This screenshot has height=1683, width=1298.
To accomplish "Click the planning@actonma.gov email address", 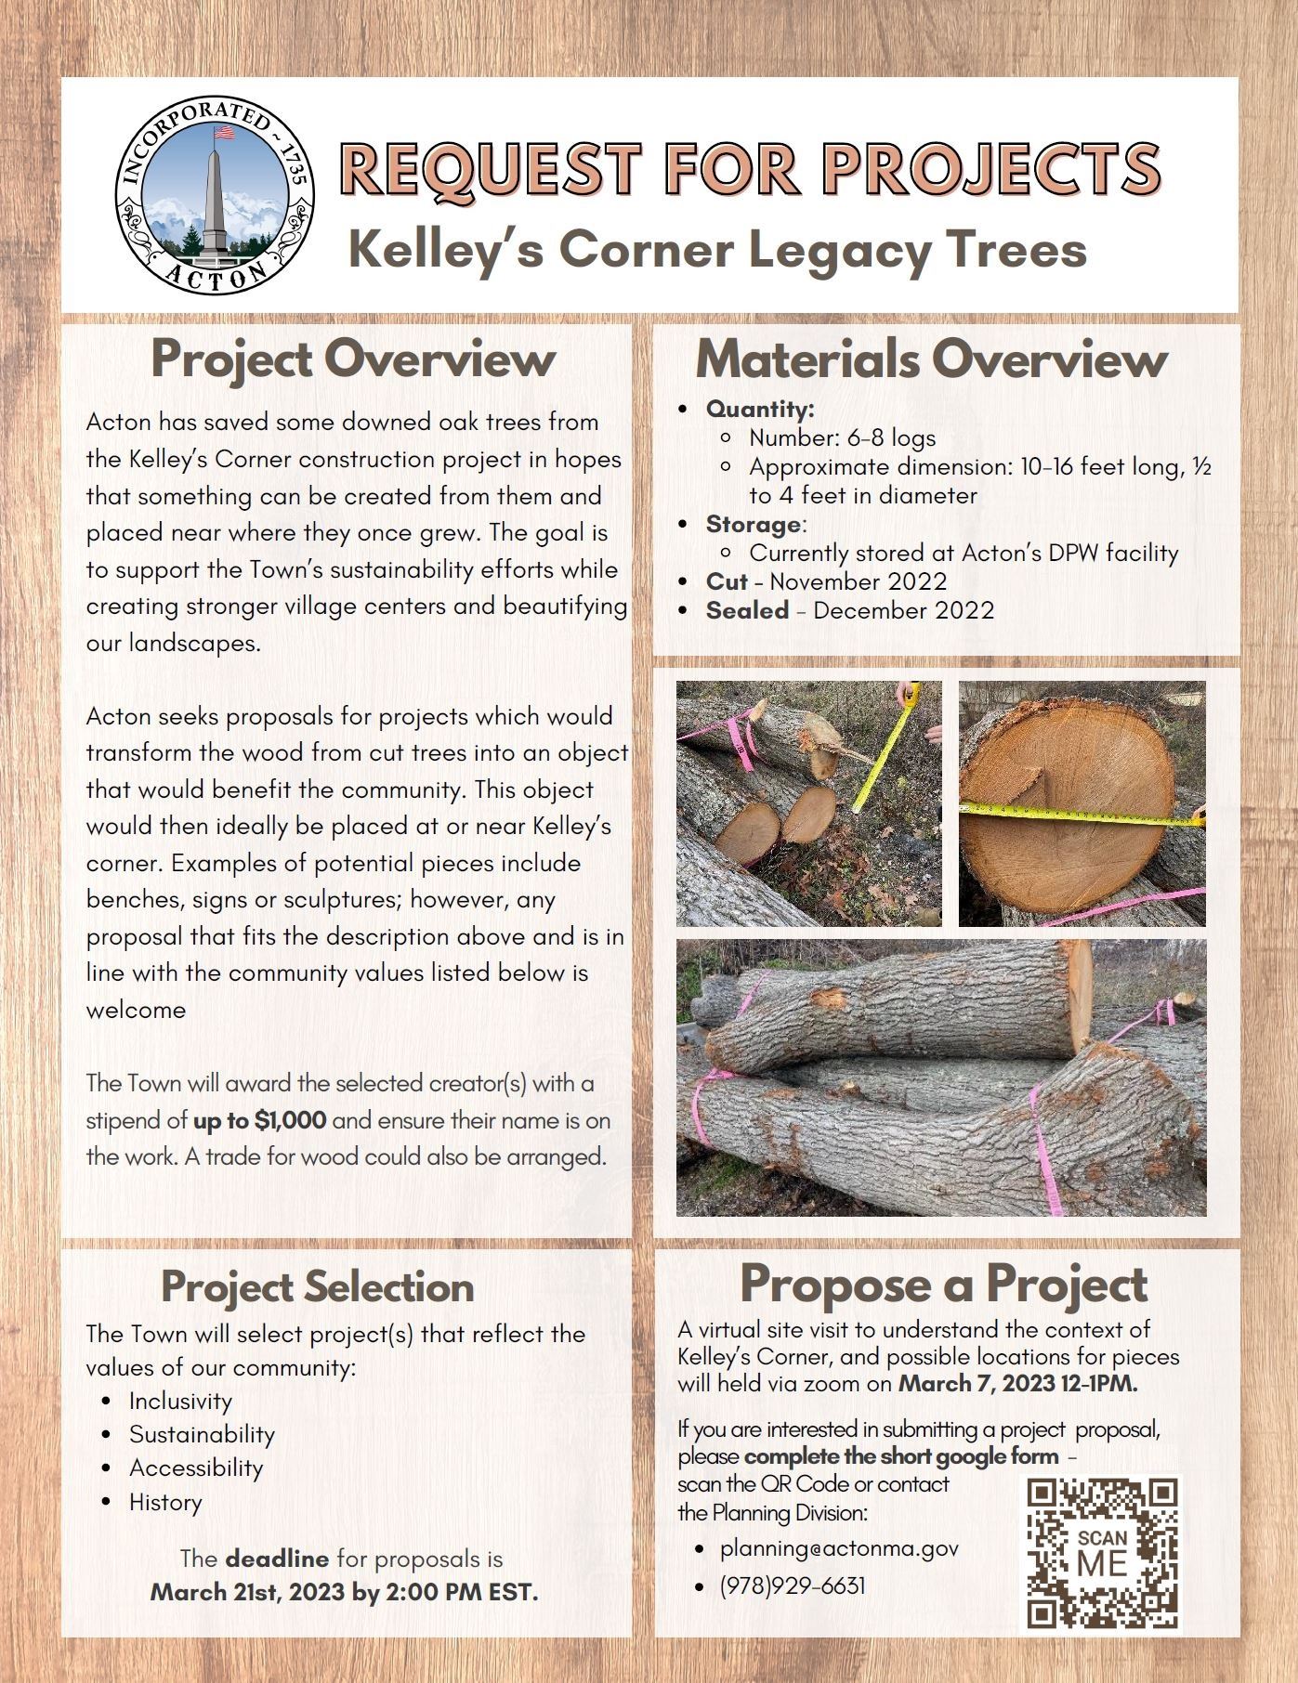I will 839,1548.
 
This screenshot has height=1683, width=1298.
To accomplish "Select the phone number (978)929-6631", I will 792,1585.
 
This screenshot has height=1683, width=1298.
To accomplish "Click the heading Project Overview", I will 353,359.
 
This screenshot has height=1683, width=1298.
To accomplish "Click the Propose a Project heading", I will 943,1284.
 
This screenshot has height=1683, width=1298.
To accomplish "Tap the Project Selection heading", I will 318,1287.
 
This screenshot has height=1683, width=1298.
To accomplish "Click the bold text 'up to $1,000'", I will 259,1120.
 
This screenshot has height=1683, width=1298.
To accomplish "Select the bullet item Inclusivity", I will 180,1401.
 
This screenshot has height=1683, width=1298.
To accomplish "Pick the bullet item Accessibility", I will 196,1468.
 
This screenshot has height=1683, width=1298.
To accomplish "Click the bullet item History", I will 165,1502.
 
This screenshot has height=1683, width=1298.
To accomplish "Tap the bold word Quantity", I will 759,409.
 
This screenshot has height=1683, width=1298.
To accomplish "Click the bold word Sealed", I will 747,610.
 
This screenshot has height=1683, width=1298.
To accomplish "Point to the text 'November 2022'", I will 858,581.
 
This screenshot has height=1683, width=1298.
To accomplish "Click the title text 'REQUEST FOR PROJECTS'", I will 750,169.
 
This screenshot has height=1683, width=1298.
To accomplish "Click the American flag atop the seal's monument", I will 223,133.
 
